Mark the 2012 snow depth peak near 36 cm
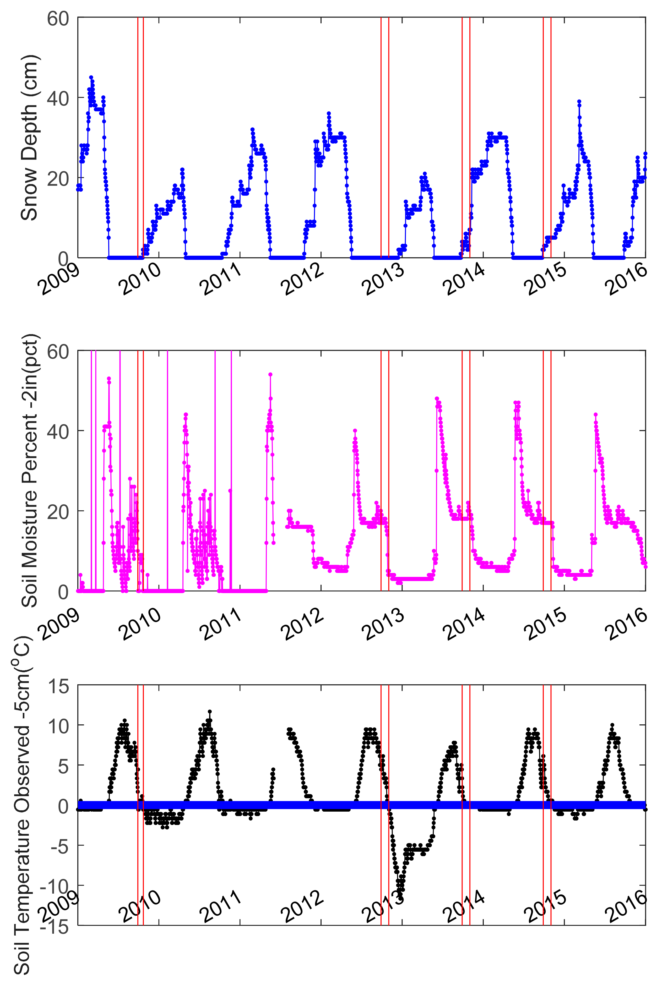(x=329, y=113)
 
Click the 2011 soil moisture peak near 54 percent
(x=270, y=374)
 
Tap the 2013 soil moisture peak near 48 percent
(x=437, y=398)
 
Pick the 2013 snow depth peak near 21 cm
(x=425, y=173)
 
